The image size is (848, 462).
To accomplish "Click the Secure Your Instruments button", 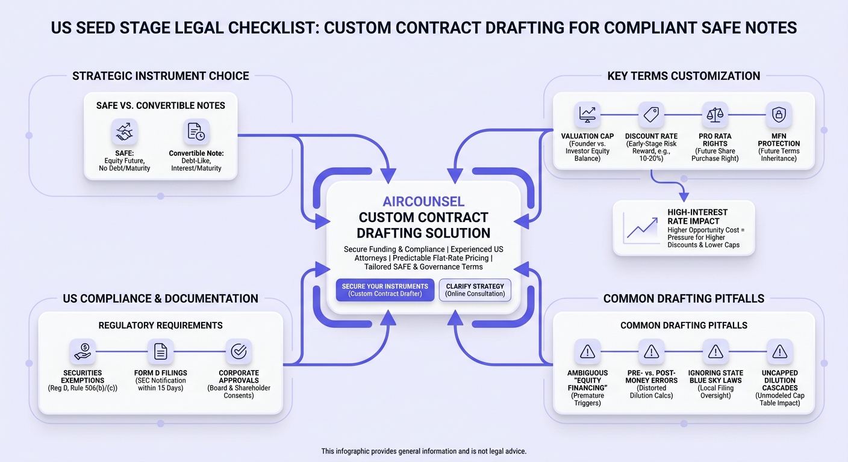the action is click(x=385, y=290).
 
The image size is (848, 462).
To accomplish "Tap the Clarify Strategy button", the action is click(x=475, y=290).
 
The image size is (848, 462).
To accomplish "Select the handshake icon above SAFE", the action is click(x=124, y=132).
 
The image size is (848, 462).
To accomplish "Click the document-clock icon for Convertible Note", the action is click(x=196, y=132).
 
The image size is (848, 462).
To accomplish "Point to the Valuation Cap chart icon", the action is click(x=587, y=114).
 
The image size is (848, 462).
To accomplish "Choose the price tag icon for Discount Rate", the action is click(x=651, y=114).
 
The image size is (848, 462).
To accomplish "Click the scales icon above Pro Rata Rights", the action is click(x=715, y=114).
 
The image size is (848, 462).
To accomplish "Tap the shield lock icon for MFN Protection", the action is click(x=779, y=114).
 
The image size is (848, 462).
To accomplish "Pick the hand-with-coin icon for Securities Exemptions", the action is click(x=83, y=351).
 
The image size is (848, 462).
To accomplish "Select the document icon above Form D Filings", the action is click(x=161, y=351).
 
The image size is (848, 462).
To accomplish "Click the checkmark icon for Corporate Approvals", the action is click(x=239, y=351).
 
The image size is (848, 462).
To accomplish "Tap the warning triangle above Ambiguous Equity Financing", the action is click(x=588, y=351).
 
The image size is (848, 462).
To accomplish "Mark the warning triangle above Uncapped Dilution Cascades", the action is click(x=780, y=351).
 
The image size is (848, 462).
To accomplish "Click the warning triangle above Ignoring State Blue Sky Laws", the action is click(x=715, y=351).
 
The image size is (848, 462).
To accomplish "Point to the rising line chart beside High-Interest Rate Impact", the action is click(x=641, y=229).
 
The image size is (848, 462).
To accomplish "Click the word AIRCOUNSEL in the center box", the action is click(x=423, y=202).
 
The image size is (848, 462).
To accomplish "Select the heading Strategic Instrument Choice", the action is click(x=161, y=76).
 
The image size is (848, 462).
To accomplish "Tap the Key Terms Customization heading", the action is click(x=684, y=76).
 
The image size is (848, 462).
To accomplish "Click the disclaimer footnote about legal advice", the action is click(x=423, y=451).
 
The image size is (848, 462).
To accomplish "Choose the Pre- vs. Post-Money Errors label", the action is click(x=652, y=377).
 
